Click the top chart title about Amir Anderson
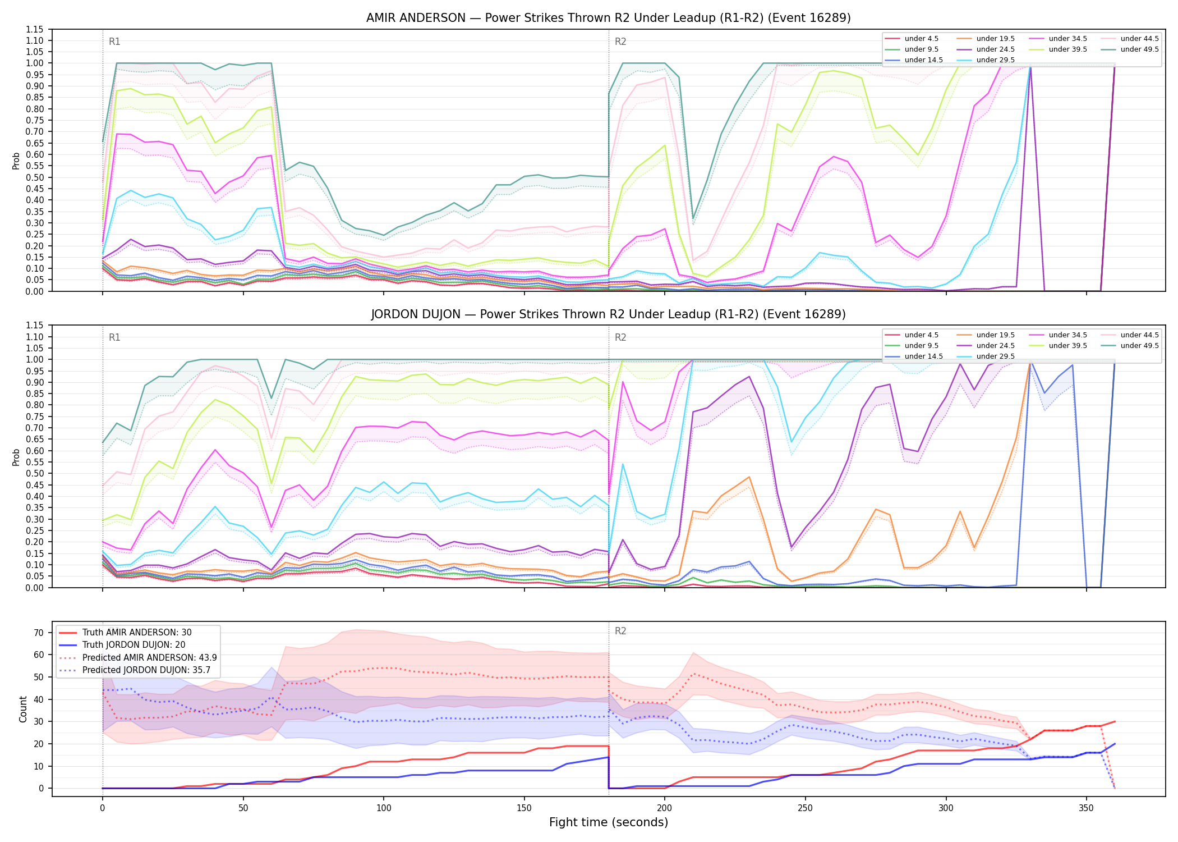[x=608, y=18]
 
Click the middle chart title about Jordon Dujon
[x=608, y=314]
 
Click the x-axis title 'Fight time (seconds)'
[x=609, y=822]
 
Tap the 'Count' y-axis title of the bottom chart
[x=23, y=709]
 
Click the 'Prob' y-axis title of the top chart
[x=16, y=161]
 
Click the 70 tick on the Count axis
[x=38, y=633]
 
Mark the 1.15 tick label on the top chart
[x=35, y=29]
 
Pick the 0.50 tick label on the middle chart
[x=35, y=473]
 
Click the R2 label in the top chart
[x=620, y=42]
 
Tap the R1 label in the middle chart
[x=114, y=337]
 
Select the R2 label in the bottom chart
[x=620, y=631]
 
